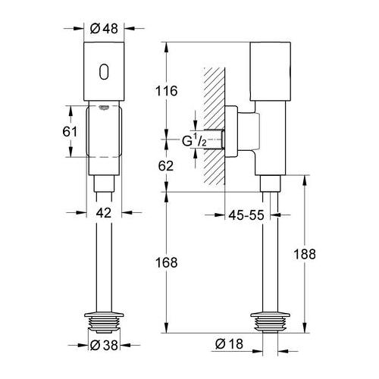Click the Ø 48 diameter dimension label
[x=104, y=28]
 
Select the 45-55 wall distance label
[x=247, y=215]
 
